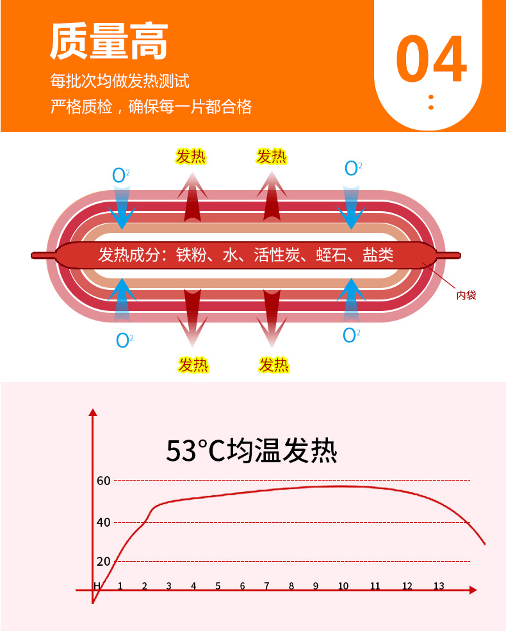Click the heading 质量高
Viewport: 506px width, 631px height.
(x=109, y=43)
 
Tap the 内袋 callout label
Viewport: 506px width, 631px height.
(x=466, y=295)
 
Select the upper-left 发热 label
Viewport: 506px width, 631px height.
(x=191, y=156)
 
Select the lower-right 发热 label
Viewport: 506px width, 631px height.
(x=274, y=365)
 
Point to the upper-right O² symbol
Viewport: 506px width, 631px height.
(x=353, y=168)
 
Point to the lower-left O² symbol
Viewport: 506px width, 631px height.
(x=124, y=340)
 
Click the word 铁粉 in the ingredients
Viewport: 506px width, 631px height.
(x=192, y=255)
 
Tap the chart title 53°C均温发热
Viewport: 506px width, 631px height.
(x=251, y=451)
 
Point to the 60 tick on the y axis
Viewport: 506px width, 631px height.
(x=104, y=481)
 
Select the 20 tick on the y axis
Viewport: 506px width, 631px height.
(x=104, y=562)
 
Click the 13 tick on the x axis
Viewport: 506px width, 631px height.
(x=439, y=586)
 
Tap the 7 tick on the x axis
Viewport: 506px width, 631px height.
(x=267, y=586)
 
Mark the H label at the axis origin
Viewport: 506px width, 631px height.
(x=97, y=586)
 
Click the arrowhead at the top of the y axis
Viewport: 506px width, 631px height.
(x=93, y=411)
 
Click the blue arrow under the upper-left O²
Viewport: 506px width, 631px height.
(x=122, y=205)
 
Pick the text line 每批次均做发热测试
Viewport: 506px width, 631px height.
(x=120, y=82)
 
